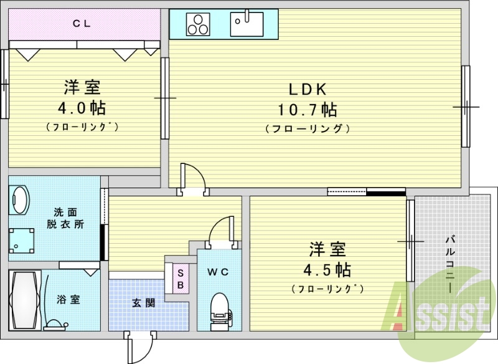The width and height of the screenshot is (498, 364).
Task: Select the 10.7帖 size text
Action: pyautogui.click(x=307, y=110)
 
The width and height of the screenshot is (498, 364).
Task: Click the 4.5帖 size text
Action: pyautogui.click(x=327, y=270)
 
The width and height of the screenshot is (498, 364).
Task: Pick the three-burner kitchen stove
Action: pyautogui.click(x=199, y=25)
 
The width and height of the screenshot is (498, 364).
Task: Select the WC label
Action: pyautogui.click(x=218, y=272)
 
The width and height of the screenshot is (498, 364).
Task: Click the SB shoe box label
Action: pyautogui.click(x=180, y=278)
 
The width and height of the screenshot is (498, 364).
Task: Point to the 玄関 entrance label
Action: pyautogui.click(x=143, y=303)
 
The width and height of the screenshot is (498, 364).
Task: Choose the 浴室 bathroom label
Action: pyautogui.click(x=67, y=300)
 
